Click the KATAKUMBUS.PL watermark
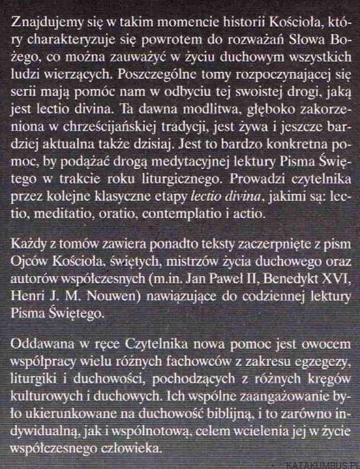(324, 463)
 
